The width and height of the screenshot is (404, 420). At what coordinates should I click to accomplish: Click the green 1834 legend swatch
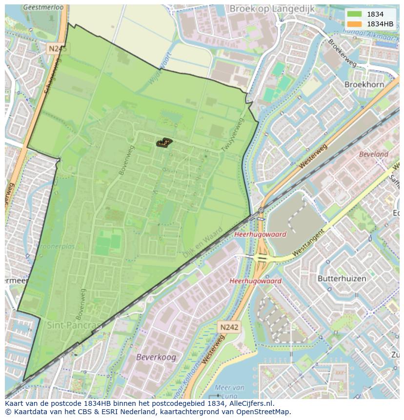point(354,14)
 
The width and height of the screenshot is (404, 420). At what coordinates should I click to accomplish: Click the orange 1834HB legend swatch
point(354,24)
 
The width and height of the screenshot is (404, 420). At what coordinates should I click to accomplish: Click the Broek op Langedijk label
point(272,9)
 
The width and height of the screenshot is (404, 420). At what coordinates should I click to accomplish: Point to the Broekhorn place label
point(364,84)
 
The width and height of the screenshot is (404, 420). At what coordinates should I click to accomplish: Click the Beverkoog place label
point(156,357)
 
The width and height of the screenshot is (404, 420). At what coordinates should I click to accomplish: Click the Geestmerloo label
point(43,8)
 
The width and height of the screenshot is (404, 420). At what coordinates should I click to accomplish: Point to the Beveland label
point(373,154)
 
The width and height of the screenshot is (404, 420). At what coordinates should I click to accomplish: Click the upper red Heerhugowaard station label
point(260,234)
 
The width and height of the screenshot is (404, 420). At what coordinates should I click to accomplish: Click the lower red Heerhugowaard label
point(255,281)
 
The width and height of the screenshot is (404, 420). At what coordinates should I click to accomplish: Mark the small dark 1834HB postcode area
point(164,142)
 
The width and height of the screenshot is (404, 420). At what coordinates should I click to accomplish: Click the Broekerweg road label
point(342,51)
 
